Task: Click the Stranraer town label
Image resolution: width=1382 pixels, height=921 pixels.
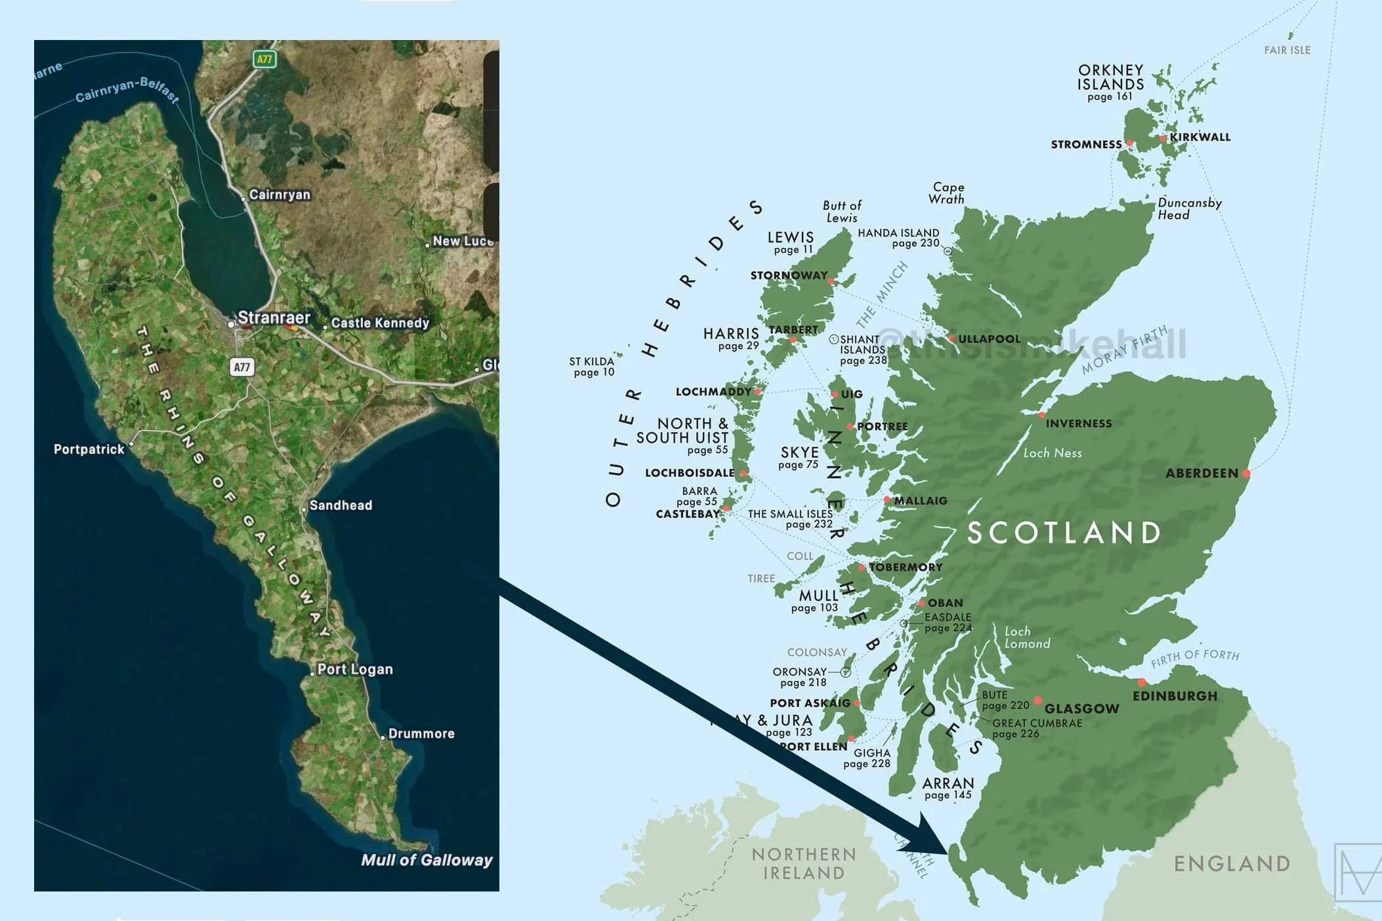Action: tap(273, 318)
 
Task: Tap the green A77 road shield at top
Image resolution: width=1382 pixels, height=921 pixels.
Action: tap(264, 59)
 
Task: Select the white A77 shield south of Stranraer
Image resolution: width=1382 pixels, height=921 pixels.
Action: tap(242, 367)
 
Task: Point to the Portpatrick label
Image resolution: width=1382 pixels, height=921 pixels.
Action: tap(89, 449)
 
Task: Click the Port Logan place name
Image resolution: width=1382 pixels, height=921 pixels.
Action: tap(355, 669)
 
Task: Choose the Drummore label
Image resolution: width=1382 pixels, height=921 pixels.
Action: tap(421, 733)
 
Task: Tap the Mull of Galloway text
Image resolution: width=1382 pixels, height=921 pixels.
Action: tap(427, 860)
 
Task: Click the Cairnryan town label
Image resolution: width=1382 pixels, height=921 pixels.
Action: tap(280, 195)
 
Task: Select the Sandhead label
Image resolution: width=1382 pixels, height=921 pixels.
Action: tap(341, 505)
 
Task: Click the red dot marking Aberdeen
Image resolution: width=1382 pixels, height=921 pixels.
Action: tap(1246, 473)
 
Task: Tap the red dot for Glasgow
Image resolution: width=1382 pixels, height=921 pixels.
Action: tap(1037, 701)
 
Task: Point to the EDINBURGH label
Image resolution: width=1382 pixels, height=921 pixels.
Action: tap(1175, 696)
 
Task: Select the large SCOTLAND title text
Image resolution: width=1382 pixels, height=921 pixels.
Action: tap(1064, 533)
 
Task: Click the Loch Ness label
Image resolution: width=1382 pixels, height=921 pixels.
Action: tap(1053, 453)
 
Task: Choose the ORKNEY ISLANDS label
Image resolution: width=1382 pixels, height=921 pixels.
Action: tap(1110, 77)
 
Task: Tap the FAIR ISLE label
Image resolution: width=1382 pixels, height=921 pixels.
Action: tap(1287, 51)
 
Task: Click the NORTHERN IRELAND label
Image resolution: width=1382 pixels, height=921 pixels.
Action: tap(804, 863)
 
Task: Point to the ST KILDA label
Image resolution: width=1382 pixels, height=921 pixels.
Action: tap(592, 367)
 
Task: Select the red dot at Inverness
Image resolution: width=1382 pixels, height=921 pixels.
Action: tap(1042, 415)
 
